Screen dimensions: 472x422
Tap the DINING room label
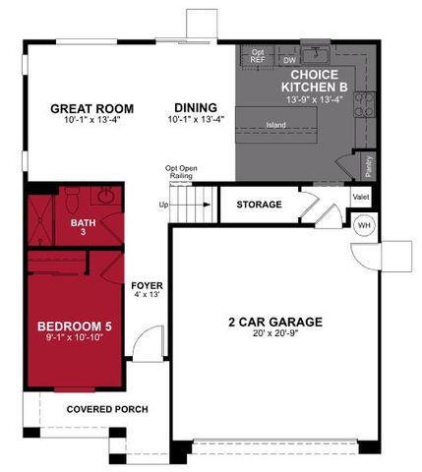coord(196,109)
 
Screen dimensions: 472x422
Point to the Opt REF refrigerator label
coord(258,56)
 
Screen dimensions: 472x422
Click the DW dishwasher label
coord(289,61)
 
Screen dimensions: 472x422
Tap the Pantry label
coord(366,166)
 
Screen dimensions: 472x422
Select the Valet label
coord(361,199)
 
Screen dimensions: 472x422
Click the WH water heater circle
coord(363,225)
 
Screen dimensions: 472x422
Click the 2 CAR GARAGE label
coord(274,322)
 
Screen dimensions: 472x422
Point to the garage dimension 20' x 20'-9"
coord(274,334)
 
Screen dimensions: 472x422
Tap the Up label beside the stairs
coord(163,205)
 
